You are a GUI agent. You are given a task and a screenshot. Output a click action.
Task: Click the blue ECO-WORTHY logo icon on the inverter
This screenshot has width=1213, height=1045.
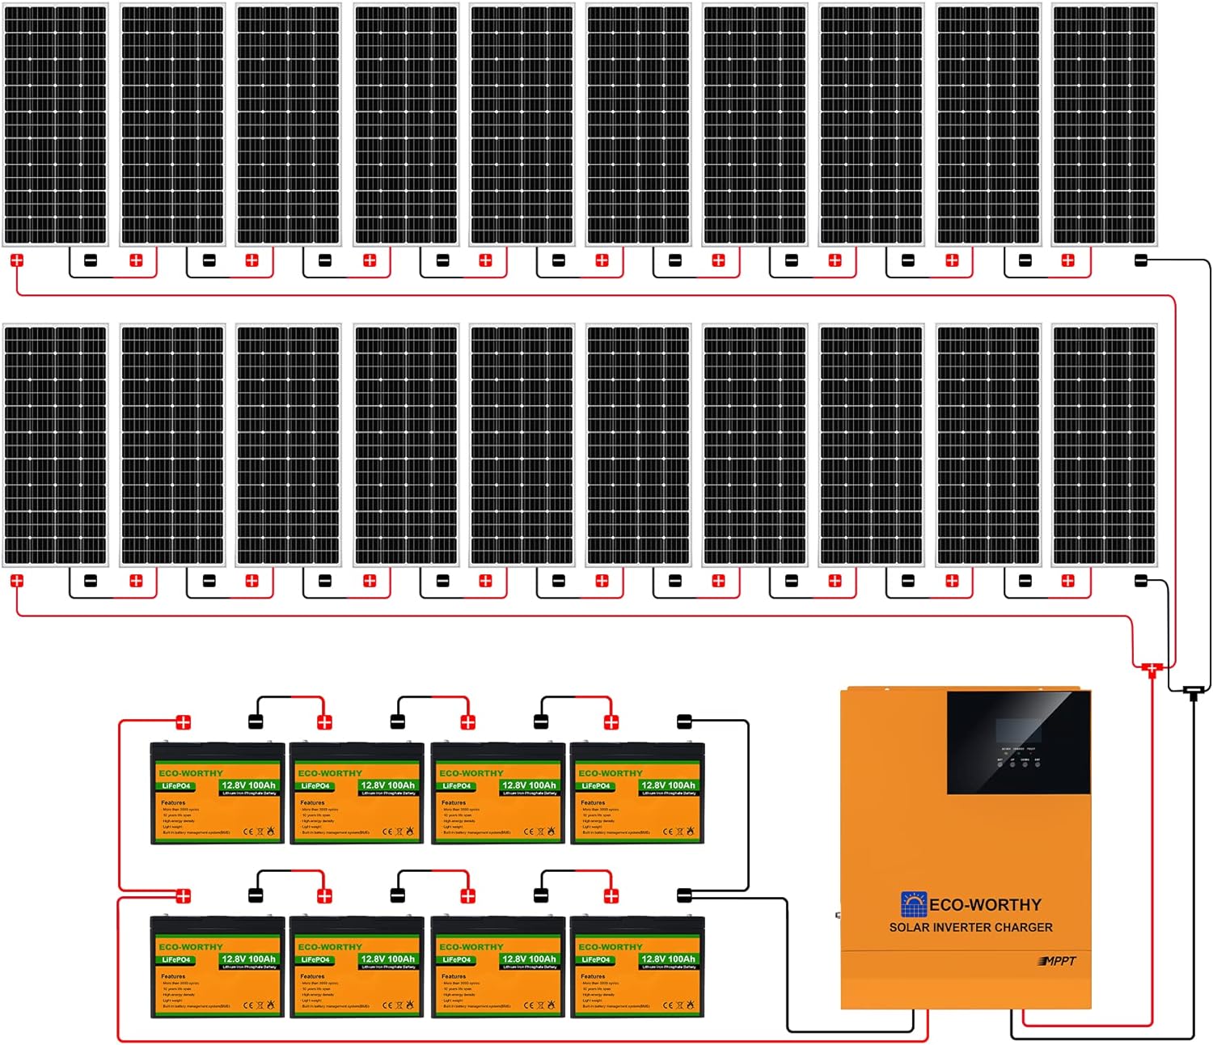tap(913, 904)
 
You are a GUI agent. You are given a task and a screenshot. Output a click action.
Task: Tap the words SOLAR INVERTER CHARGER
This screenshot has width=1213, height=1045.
tap(970, 928)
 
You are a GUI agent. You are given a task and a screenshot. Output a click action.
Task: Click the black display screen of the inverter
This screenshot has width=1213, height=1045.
tap(1018, 742)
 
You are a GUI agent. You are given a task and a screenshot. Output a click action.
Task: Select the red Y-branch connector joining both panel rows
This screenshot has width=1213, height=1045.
tap(1151, 668)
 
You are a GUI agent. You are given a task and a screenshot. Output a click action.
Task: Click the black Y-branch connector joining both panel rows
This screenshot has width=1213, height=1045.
tap(1193, 692)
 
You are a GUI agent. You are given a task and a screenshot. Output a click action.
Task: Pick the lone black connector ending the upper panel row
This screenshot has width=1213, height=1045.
tap(1141, 260)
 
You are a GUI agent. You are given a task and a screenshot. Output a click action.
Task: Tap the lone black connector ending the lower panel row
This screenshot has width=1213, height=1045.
tap(1141, 580)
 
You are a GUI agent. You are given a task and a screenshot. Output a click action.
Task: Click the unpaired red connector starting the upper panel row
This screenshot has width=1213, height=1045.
tap(17, 260)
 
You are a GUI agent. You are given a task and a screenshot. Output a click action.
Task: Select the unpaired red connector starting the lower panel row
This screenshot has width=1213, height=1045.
tap(17, 581)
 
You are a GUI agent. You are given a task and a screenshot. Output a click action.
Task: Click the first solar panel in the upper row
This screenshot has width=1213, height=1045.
tap(55, 125)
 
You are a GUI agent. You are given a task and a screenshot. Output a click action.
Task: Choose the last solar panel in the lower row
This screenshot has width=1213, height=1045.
tap(1104, 445)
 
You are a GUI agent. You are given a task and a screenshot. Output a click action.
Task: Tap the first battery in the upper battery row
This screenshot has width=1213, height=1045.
tap(218, 793)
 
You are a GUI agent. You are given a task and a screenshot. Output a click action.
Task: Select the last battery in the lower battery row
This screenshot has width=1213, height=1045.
tap(637, 967)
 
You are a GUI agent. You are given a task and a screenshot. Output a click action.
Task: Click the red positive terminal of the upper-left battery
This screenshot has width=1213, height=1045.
tap(184, 722)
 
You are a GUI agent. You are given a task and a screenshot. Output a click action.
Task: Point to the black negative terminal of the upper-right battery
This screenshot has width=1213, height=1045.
tap(684, 721)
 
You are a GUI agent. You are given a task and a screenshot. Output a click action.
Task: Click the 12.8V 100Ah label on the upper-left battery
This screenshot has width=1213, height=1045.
tap(248, 785)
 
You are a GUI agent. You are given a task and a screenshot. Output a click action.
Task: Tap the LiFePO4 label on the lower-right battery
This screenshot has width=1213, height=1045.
tap(595, 959)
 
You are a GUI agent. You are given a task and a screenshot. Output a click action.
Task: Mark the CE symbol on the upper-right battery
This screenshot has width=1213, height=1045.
tap(668, 831)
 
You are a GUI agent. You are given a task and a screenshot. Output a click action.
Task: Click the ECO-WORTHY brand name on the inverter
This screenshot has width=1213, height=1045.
tap(985, 905)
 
